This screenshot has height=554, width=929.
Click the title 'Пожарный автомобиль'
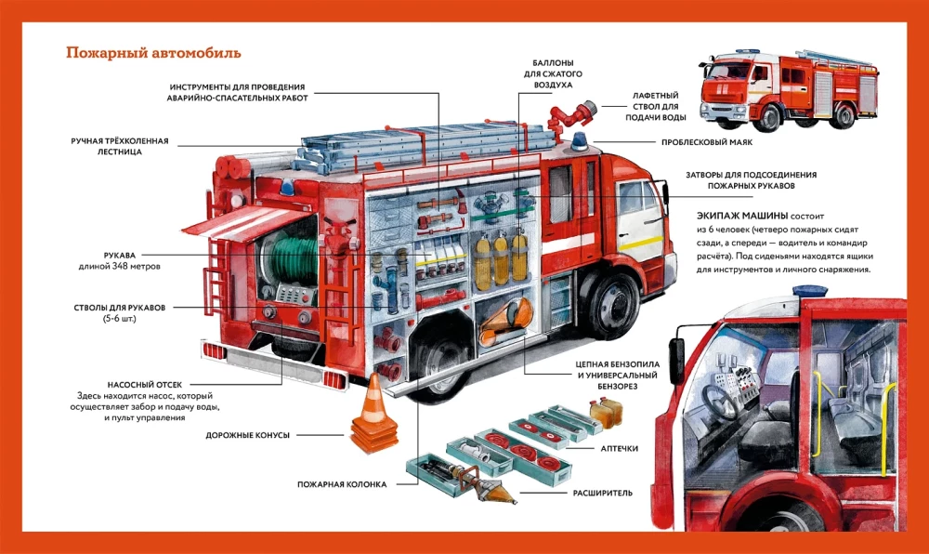pyautogui.click(x=153, y=52)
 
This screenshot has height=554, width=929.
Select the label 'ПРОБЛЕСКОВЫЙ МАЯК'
pyautogui.click(x=706, y=142)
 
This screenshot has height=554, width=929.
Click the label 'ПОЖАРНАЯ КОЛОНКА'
pyautogui.click(x=342, y=484)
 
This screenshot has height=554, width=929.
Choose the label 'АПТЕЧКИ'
pyautogui.click(x=619, y=448)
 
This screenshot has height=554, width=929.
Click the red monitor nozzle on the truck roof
pyautogui.click(x=569, y=117)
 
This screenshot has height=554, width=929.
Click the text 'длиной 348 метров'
pyautogui.click(x=119, y=267)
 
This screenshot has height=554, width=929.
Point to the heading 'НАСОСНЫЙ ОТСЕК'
pyautogui.click(x=151, y=383)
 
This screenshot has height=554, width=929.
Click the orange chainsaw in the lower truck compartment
pyautogui.click(x=507, y=318)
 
